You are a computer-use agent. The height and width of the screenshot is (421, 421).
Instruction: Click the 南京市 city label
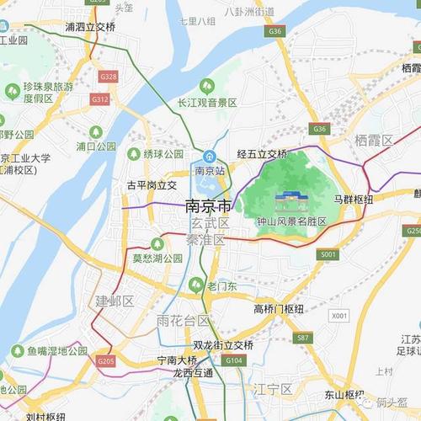pos(207,205)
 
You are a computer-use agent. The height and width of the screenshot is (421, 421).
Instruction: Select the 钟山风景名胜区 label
pos(291,221)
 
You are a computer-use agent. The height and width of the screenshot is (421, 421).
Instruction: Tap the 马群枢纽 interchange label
pos(353,199)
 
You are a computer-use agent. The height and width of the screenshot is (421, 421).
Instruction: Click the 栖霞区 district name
pos(374,141)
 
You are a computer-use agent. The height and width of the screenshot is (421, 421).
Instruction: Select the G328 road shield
pos(108,77)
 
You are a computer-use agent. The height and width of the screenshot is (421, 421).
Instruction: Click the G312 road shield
pos(100,99)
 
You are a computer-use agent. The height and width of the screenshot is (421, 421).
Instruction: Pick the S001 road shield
pos(328,253)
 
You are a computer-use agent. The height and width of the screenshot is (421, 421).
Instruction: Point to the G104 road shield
pos(235,360)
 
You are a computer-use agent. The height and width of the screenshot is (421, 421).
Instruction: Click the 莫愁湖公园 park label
pos(157,258)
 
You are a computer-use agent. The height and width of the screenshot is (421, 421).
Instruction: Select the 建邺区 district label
pos(115,301)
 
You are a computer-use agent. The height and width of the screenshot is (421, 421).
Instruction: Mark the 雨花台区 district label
pos(183,321)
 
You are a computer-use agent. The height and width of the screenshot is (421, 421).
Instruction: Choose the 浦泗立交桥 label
pos(90,27)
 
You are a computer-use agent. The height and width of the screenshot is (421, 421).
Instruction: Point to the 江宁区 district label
pos(274,389)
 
